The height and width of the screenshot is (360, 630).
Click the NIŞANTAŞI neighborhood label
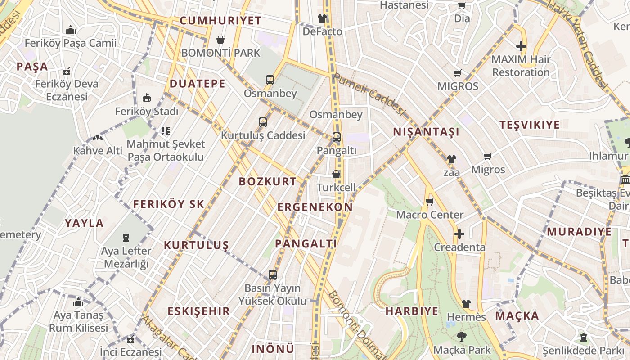pos(426,132)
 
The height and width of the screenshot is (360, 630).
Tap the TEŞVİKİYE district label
pos(530,125)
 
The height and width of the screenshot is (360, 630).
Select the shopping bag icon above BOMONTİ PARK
pos(220,40)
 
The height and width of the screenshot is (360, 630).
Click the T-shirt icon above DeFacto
pos(322,18)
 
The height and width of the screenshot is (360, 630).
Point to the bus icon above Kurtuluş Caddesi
pos(263,122)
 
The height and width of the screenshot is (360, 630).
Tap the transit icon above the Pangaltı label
pos(337,137)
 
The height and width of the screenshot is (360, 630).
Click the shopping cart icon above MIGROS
pos(458,73)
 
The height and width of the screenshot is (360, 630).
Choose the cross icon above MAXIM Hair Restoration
pos(521,46)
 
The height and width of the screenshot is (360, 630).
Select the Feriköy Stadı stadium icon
pos(147,98)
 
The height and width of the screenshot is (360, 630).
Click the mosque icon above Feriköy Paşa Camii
pos(70,30)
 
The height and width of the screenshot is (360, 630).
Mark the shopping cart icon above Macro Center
pos(429,202)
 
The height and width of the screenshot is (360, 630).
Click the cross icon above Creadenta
pos(459,234)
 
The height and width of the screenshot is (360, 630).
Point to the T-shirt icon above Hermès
pos(466,304)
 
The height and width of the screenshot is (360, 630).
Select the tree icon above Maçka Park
pos(461,336)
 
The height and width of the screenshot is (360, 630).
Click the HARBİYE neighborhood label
pos(412,311)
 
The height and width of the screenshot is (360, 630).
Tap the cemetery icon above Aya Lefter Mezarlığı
pos(126,237)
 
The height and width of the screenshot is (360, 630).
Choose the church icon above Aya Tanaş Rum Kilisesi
pos(78,302)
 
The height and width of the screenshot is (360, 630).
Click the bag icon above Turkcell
pos(336,174)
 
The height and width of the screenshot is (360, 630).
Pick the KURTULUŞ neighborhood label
pos(196,245)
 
